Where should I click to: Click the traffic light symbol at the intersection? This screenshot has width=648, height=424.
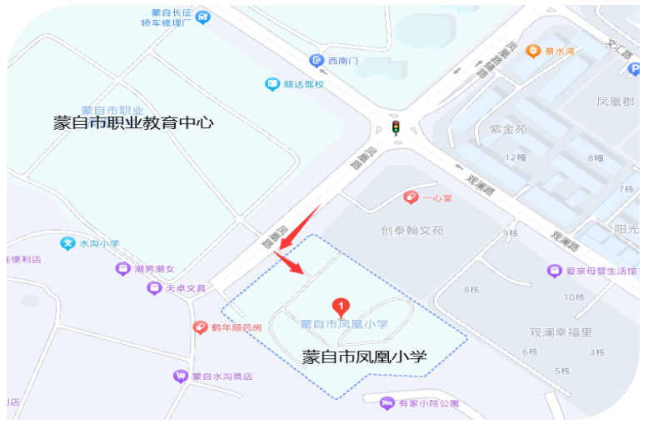396,127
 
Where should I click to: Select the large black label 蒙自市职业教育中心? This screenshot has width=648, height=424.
133,123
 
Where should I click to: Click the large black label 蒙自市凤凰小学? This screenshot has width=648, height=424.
364,357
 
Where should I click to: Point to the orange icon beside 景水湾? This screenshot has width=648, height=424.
534,51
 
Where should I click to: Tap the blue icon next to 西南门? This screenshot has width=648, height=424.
316,60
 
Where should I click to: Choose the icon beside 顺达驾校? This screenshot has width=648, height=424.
272,84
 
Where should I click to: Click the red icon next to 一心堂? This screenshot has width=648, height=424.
410,197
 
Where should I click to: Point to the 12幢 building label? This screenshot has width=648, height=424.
516,157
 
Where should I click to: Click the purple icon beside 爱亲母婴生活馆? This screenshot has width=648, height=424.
554,271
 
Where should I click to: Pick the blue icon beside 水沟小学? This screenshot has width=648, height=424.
68,244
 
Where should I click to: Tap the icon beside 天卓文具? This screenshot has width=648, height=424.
154,288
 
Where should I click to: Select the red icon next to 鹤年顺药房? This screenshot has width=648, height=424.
200,327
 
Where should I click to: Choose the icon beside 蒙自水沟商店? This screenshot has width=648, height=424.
180,377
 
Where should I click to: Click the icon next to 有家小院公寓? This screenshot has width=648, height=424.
386,403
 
